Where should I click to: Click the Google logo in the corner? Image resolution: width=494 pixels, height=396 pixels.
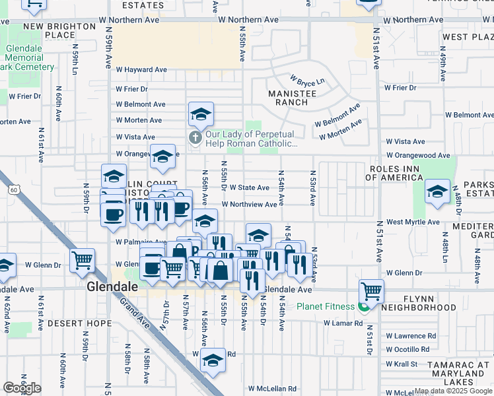pyautogui.click(x=22, y=388)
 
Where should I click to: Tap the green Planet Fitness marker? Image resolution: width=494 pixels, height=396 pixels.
pyautogui.click(x=362, y=307)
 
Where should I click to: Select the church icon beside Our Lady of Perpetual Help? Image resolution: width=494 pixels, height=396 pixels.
pyautogui.click(x=195, y=138)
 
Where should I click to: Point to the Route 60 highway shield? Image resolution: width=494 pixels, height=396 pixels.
pyautogui.click(x=14, y=190)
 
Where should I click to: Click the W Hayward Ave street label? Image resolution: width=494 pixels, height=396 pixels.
pyautogui.click(x=141, y=69)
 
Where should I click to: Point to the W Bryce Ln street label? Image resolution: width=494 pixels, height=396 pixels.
pyautogui.click(x=311, y=82)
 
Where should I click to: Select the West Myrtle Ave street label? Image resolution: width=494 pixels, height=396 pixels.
pyautogui.click(x=413, y=222)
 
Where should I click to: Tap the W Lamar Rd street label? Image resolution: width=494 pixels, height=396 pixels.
pyautogui.click(x=343, y=323)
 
